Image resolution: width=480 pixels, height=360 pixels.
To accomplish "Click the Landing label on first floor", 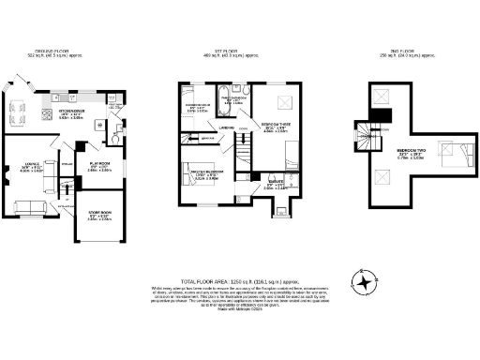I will tap(226, 129).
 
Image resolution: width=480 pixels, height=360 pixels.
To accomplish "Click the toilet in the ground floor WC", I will tap(113, 137).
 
